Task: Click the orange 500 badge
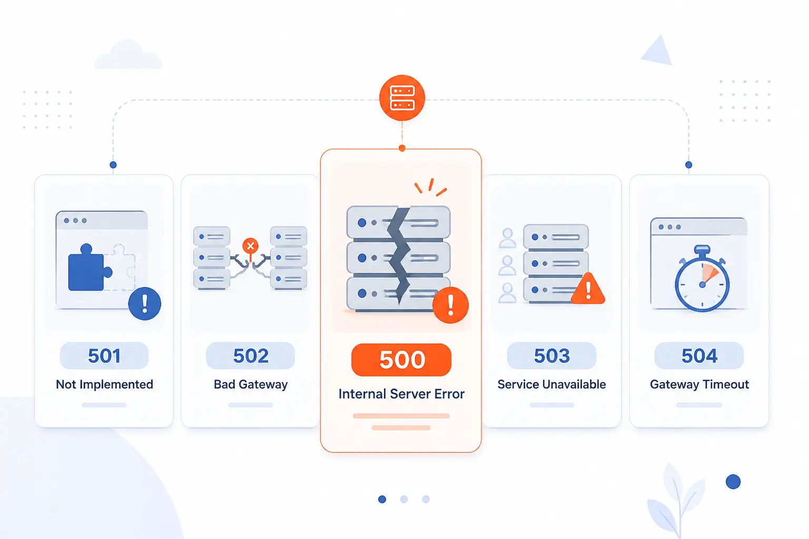pyautogui.click(x=401, y=360)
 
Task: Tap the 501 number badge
pyautogui.click(x=104, y=356)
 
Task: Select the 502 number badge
pyautogui.click(x=250, y=356)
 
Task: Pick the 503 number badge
pyautogui.click(x=551, y=356)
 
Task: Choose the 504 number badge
pyautogui.click(x=699, y=356)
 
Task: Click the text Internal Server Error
pyautogui.click(x=401, y=394)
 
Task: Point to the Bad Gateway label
pyautogui.click(x=251, y=385)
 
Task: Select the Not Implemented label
pyautogui.click(x=104, y=385)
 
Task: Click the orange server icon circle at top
pyautogui.click(x=402, y=98)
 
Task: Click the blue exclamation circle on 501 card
pyautogui.click(x=145, y=303)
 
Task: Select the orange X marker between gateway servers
pyautogui.click(x=250, y=246)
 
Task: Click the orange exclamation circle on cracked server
pyautogui.click(x=450, y=305)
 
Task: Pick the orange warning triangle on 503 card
pyautogui.click(x=588, y=290)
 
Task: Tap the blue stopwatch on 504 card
pyautogui.click(x=702, y=278)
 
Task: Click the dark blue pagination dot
pyautogui.click(x=382, y=500)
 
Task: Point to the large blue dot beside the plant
pyautogui.click(x=733, y=482)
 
